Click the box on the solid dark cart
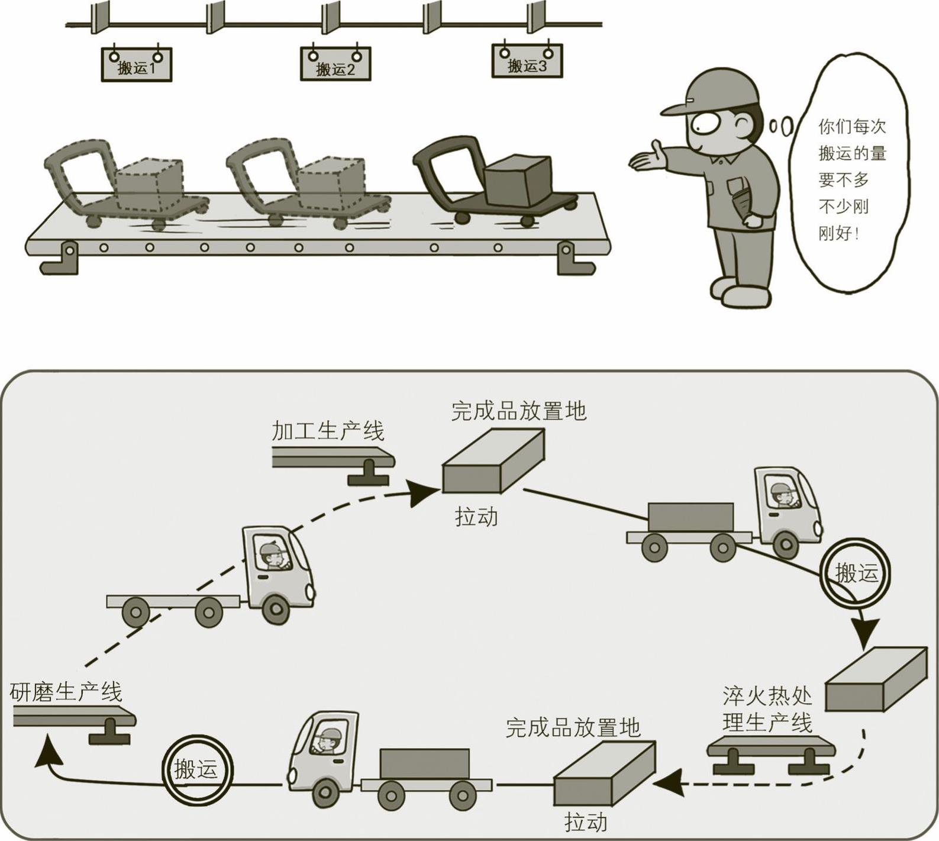(x=517, y=178)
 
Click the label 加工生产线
(x=328, y=431)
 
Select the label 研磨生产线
(x=66, y=692)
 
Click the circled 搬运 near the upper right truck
(x=855, y=573)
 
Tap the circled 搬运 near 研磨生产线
(x=197, y=769)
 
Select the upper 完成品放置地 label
(x=519, y=410)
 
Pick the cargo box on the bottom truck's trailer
(x=424, y=763)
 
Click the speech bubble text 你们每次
(x=852, y=126)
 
